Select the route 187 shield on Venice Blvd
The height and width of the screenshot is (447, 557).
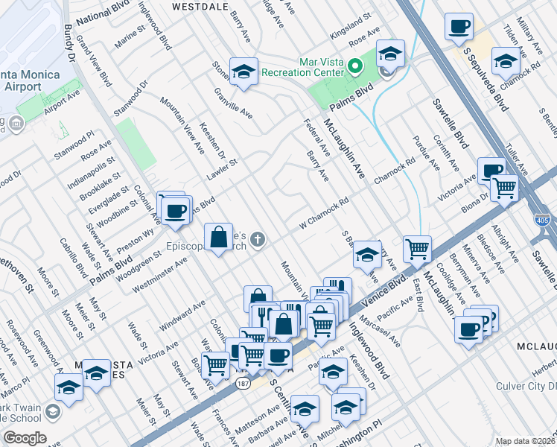(243, 384)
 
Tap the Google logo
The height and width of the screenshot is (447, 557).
(25, 438)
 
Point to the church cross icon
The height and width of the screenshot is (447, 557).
(258, 240)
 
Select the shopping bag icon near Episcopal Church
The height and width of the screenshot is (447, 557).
(220, 238)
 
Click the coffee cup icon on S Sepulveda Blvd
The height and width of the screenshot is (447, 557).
(459, 26)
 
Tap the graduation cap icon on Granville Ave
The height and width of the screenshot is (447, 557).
(244, 71)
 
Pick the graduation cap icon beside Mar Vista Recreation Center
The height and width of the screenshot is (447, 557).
(390, 53)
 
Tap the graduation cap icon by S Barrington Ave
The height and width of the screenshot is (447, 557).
(367, 253)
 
